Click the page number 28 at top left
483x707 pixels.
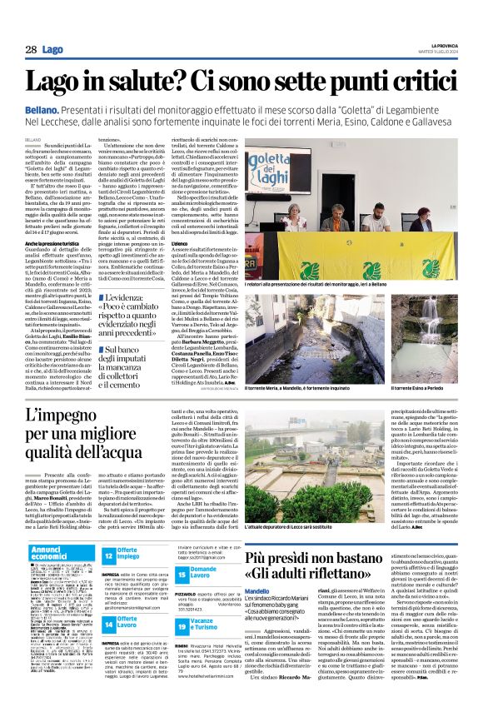click(x=31, y=50)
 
